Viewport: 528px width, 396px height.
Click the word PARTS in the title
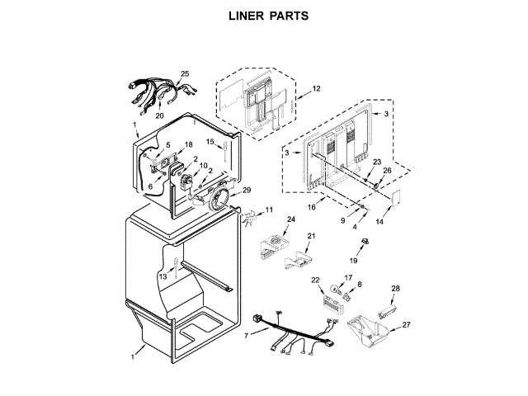coord(290,16)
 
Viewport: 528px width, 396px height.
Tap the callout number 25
coord(184,74)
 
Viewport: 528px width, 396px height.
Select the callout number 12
coord(316,88)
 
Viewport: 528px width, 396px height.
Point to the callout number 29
coord(246,191)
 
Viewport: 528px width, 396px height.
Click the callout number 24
coord(290,219)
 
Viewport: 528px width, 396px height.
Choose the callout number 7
coord(246,334)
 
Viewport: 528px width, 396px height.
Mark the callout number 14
coord(379,222)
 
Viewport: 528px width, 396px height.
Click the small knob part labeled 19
coord(362,241)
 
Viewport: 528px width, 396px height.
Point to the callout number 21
coord(311,237)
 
